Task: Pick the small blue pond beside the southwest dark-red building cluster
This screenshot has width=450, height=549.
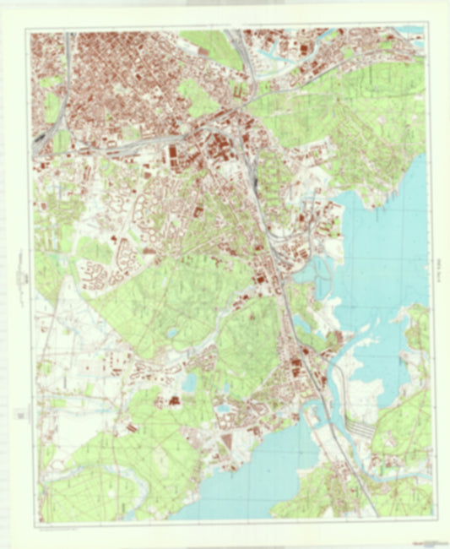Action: coord(188,383)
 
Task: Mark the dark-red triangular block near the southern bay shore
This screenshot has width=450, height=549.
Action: coord(225,442)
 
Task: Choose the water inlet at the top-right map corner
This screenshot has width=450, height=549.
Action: coord(414,31)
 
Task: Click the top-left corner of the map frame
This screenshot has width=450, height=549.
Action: coord(30,31)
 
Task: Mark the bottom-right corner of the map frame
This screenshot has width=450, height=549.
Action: coord(432,518)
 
